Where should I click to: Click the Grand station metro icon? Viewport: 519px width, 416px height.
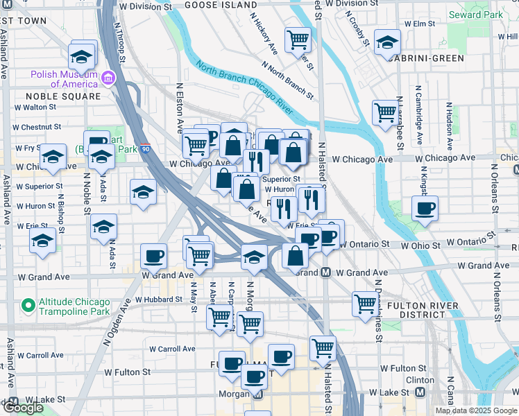325,272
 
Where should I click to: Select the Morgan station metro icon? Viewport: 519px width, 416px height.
257,395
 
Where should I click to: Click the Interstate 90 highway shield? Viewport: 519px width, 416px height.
145,149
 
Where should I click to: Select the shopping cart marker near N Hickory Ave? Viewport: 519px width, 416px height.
298,38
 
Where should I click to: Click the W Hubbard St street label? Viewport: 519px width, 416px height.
159,300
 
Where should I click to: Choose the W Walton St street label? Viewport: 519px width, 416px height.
34,107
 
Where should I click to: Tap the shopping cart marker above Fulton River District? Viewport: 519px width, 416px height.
364,302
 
